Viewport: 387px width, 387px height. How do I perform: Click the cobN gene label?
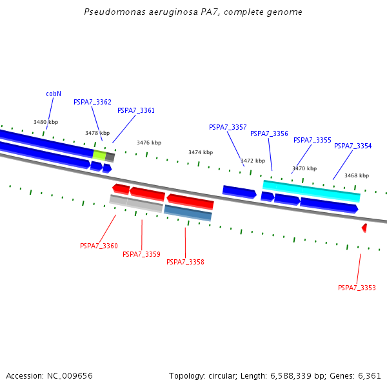[x=54, y=94]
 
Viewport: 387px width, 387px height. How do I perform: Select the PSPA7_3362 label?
[x=92, y=102]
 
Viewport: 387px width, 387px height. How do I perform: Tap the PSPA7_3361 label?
[x=136, y=110]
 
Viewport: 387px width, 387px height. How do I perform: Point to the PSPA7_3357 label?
[x=228, y=127]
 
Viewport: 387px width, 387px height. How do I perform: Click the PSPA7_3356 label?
[x=269, y=134]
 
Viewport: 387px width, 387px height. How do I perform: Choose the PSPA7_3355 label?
[x=312, y=140]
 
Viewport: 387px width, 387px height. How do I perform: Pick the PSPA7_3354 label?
[x=353, y=146]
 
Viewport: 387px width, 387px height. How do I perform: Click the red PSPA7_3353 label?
[x=357, y=288]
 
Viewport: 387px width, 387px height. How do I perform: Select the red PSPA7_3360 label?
[x=99, y=246]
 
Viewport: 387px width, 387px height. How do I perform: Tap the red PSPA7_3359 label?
[x=141, y=254]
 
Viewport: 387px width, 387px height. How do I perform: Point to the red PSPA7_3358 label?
[x=185, y=262]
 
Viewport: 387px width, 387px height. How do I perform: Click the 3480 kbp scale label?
[x=46, y=122]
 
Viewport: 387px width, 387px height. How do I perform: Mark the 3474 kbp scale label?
[x=201, y=152]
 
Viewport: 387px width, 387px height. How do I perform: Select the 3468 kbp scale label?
[x=357, y=175]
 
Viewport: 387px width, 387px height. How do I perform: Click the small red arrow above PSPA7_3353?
[x=364, y=228]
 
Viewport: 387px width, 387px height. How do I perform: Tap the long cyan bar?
[x=312, y=190]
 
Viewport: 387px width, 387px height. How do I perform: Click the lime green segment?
[x=99, y=155]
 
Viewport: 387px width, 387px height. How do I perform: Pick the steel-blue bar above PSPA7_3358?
[x=188, y=213]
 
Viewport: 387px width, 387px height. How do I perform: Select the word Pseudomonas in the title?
[x=110, y=12]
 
